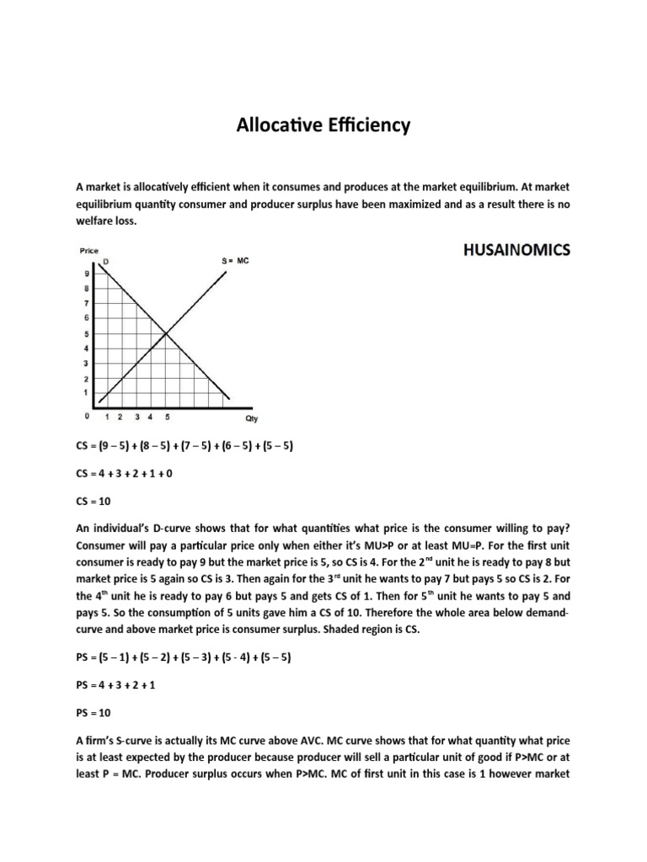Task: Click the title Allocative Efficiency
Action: tap(323, 125)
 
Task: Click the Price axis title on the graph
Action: tap(89, 251)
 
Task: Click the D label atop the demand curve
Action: tap(105, 262)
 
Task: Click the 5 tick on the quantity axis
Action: tap(166, 416)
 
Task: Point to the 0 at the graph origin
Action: tap(86, 416)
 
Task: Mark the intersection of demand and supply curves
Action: tap(166, 334)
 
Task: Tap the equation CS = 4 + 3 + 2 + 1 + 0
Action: tap(126, 473)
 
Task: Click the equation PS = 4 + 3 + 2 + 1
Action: tap(119, 685)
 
